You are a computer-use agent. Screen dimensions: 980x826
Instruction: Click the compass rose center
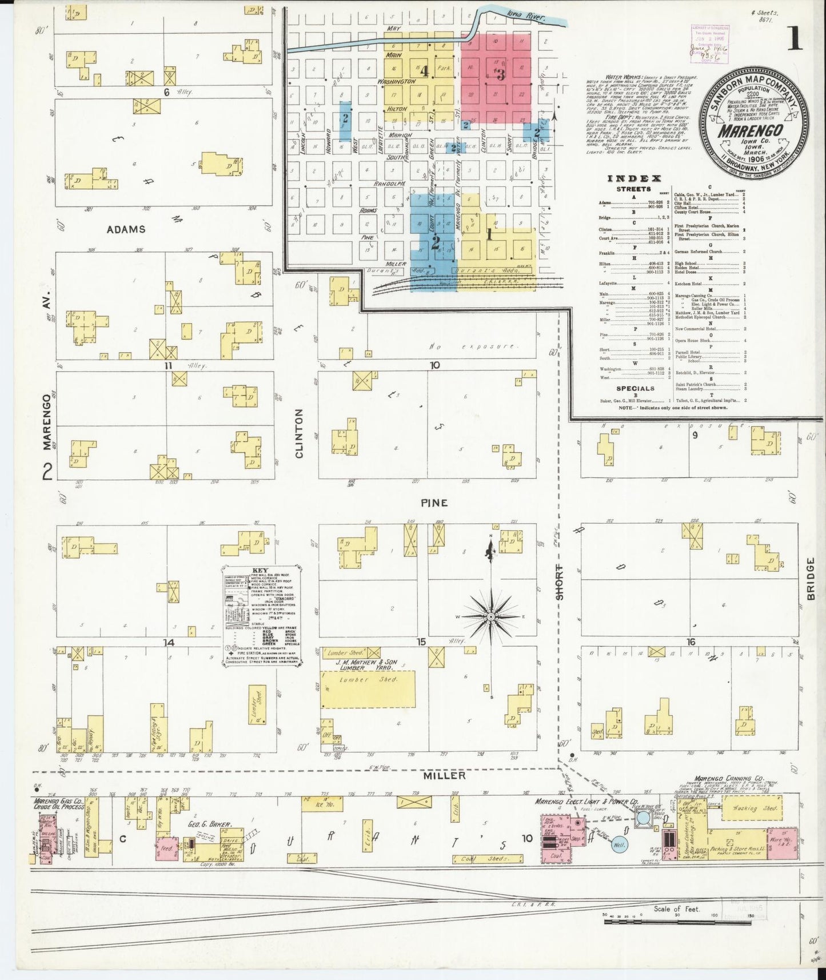tap(490, 618)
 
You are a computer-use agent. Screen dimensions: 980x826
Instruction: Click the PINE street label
tap(434, 503)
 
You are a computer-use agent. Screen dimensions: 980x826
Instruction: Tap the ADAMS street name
tap(126, 229)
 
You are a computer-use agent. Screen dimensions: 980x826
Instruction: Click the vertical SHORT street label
tap(560, 581)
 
